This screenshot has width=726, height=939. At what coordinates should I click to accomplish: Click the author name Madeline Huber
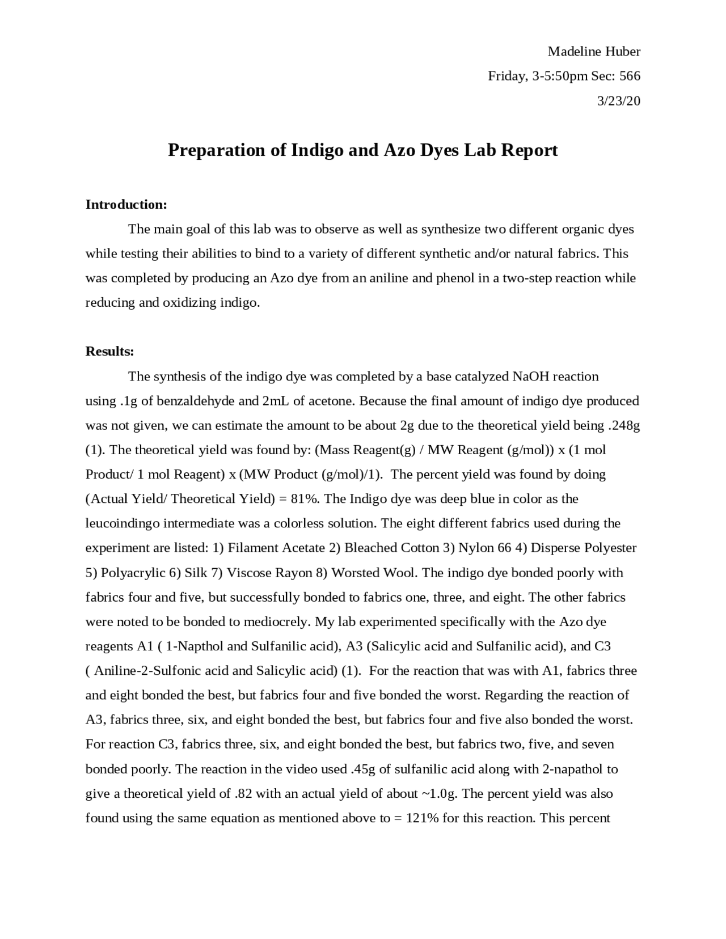(x=593, y=52)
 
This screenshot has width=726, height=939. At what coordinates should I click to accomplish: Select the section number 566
(x=630, y=76)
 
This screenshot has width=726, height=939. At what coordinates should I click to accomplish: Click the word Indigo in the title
(x=317, y=150)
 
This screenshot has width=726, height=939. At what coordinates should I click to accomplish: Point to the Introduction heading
(x=126, y=204)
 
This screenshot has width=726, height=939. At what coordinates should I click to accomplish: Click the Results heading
(x=109, y=351)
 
